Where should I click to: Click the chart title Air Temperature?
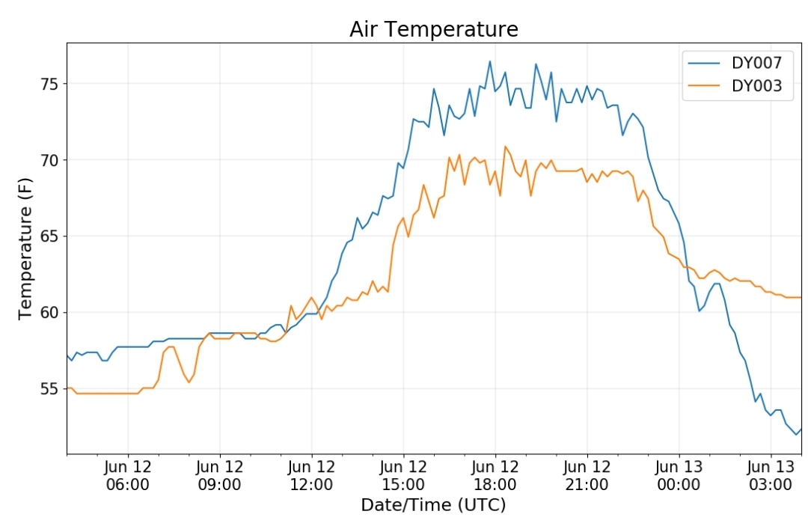coord(433,29)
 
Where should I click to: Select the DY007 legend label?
coord(756,63)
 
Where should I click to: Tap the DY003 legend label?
coord(756,85)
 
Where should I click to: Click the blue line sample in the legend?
coord(704,63)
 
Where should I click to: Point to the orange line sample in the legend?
coord(704,85)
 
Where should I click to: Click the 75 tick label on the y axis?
coord(50,84)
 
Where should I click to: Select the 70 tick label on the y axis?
coord(50,159)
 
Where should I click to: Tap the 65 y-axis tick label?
coord(50,236)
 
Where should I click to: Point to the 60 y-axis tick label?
coord(50,312)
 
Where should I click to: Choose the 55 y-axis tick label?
coord(50,388)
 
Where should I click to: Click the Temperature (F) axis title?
coord(25,248)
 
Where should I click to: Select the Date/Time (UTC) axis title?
coord(433,505)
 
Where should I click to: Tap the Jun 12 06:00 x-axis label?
coord(128,476)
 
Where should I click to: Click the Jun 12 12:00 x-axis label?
coord(311,476)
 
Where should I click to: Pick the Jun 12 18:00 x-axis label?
coord(495,476)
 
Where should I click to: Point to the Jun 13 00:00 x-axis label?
coord(679,476)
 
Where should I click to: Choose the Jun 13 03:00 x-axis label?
coord(771,476)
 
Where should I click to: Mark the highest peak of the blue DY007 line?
coord(489,61)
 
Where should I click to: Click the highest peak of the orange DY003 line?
coord(505,147)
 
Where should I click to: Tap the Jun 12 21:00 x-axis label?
coord(587,476)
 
